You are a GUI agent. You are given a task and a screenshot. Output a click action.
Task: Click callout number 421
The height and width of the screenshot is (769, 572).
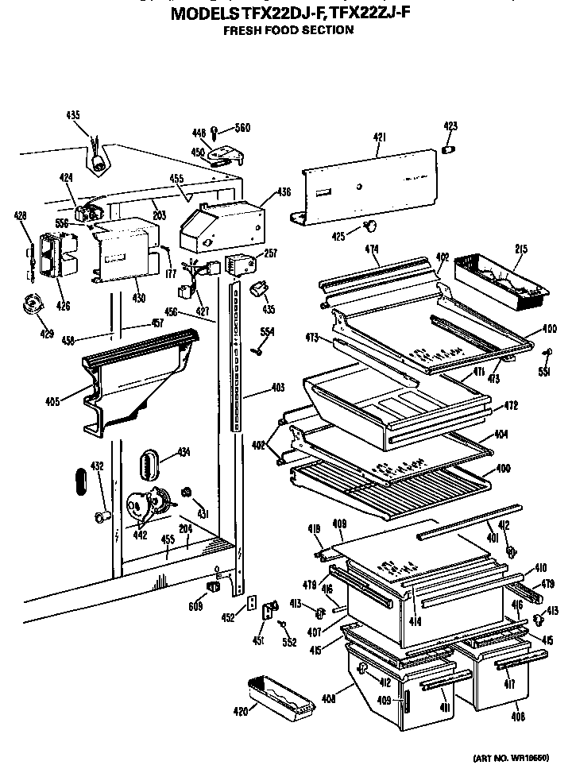coord(379,137)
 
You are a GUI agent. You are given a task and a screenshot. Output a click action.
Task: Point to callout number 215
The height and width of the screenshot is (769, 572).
coord(520,249)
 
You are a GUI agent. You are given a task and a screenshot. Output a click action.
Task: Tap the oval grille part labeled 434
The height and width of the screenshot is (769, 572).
coord(152,463)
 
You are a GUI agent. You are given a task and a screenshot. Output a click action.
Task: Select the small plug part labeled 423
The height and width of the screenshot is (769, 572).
coord(449,149)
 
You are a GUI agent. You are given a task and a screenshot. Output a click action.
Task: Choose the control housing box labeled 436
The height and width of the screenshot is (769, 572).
coord(221,222)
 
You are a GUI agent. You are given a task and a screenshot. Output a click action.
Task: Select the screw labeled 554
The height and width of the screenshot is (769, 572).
coord(258,350)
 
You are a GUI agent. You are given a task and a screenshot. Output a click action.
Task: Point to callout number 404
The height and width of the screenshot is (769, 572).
coord(501,435)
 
